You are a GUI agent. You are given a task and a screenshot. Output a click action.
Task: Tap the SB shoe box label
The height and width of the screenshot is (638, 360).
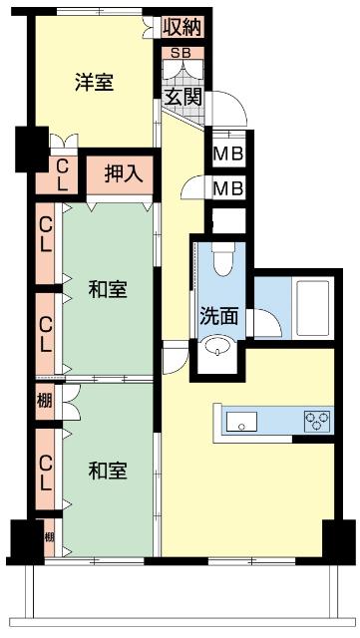[181, 52]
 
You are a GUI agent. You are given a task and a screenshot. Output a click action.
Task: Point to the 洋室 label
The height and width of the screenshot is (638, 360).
[94, 83]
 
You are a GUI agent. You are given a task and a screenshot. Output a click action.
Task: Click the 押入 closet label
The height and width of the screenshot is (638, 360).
[125, 172]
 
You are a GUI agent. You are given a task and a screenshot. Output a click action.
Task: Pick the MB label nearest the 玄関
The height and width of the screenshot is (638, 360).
[227, 155]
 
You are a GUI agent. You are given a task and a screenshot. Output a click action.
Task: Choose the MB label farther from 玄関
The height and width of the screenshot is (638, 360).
[227, 187]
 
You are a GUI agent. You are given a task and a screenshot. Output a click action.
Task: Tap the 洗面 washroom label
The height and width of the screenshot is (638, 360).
[218, 317]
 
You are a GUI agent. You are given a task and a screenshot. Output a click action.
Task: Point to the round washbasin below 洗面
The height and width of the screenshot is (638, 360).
[217, 349]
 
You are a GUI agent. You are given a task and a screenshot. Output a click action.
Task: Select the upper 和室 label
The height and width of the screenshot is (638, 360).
[108, 290]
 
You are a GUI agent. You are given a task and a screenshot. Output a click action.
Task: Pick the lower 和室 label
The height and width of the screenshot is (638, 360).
[108, 470]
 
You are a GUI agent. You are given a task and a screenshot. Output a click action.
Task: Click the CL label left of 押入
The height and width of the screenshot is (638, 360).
[62, 175]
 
